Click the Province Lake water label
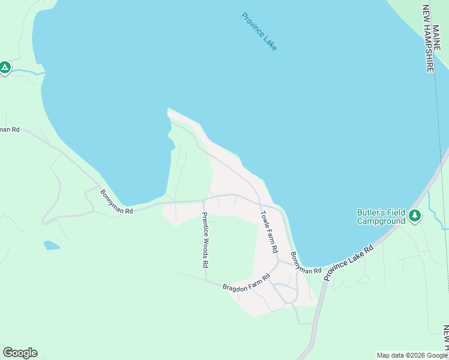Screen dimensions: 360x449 (x=259, y=31)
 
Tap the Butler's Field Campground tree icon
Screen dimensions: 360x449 (x=414, y=215)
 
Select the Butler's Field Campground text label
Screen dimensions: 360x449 (x=381, y=217)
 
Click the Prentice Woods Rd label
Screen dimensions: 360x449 (x=205, y=239)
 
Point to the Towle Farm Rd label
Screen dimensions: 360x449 (x=269, y=231)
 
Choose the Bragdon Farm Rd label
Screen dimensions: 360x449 (x=247, y=283)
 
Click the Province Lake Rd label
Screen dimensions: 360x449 (x=348, y=262)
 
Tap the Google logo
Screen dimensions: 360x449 (x=20, y=352)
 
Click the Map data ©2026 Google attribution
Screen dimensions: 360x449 (x=412, y=355)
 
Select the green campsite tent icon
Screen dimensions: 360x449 (x=5, y=68)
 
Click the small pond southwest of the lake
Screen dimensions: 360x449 (x=52, y=245)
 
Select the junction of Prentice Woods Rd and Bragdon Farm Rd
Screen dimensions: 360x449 (x=206, y=281)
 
